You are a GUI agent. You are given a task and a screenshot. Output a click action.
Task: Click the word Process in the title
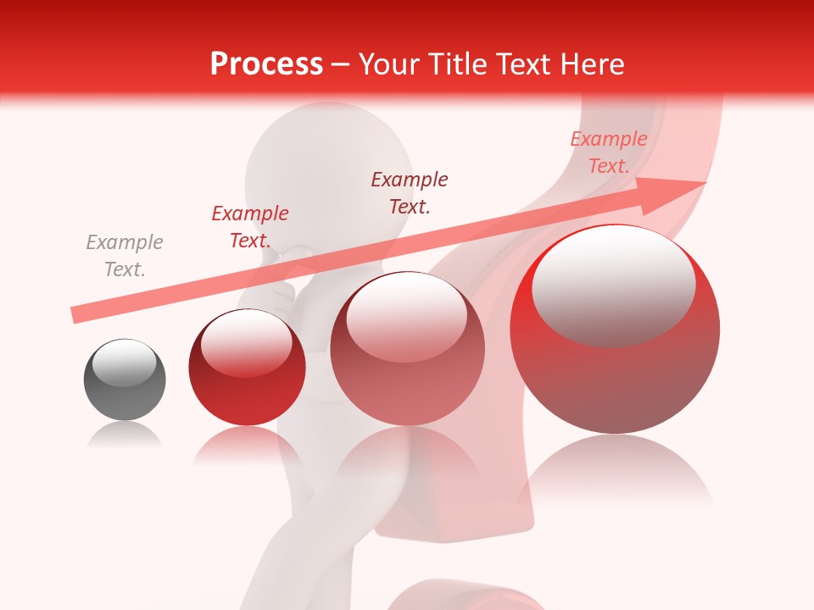pyautogui.click(x=266, y=64)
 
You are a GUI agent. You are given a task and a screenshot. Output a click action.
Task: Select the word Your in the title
pyautogui.click(x=387, y=64)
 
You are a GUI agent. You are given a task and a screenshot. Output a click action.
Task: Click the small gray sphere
pyautogui.click(x=125, y=380)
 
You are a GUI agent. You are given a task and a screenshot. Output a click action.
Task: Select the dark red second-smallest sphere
pyautogui.click(x=247, y=368)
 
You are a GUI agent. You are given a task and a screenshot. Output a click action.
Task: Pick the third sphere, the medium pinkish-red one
pyautogui.click(x=407, y=348)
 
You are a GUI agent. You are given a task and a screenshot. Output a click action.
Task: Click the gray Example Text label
pyautogui.click(x=125, y=256)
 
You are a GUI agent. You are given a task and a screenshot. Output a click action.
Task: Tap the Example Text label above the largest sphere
pyautogui.click(x=609, y=152)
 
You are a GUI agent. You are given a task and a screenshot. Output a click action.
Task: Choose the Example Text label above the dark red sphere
pyautogui.click(x=250, y=227)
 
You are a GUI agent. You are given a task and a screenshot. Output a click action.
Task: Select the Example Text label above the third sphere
pyautogui.click(x=410, y=192)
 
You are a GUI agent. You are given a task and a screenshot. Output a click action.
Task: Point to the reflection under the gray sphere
pyautogui.click(x=125, y=435)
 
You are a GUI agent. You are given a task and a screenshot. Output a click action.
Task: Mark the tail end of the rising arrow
pyautogui.click(x=75, y=315)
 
